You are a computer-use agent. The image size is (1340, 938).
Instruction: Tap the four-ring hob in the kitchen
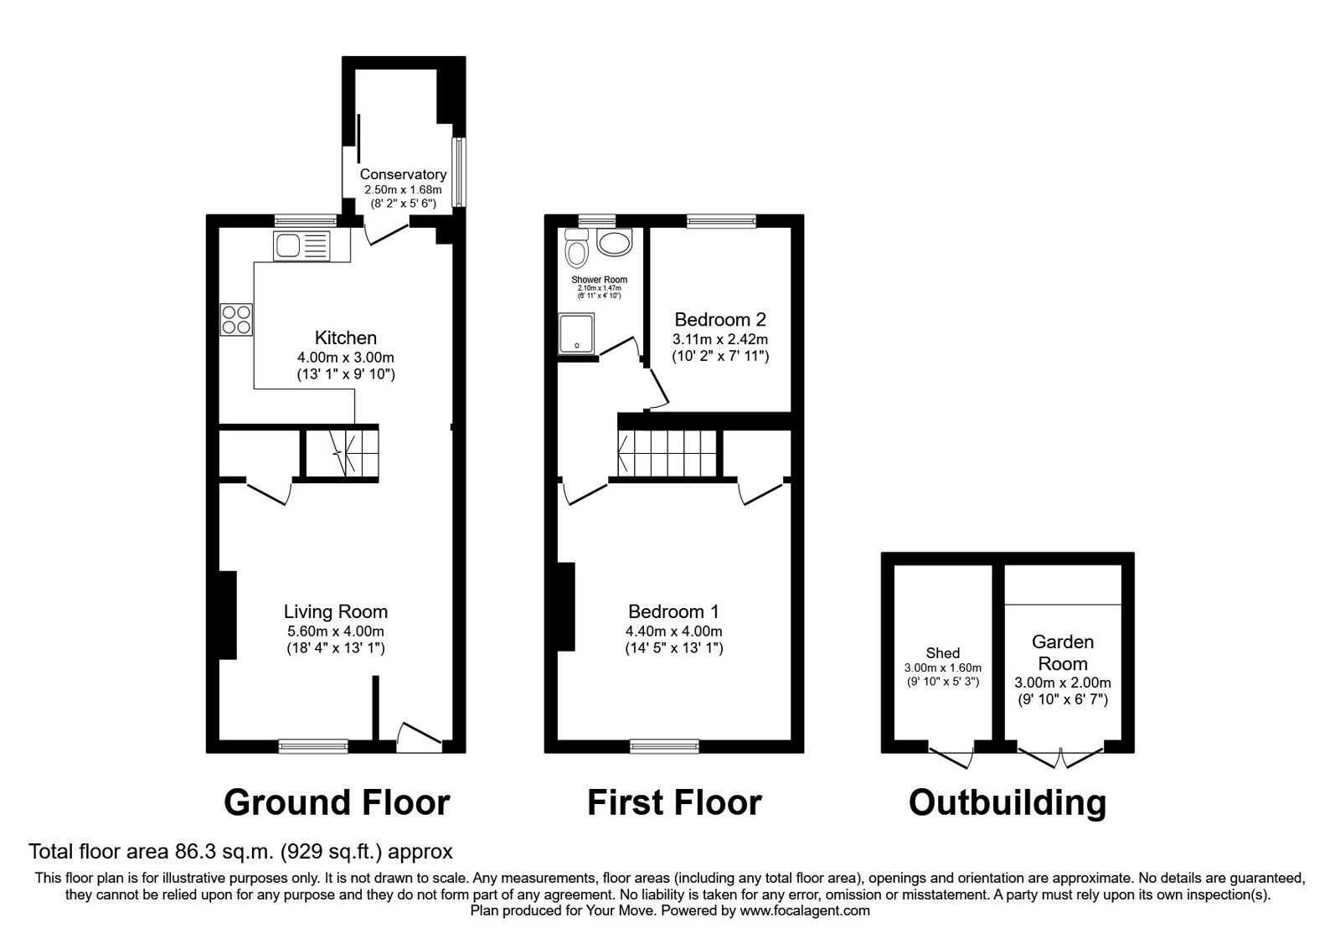pos(236,319)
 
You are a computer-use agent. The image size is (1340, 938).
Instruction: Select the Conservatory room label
pos(403,174)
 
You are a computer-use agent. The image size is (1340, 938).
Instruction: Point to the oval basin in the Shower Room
pos(615,245)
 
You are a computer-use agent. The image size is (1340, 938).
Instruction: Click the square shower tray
pos(576,333)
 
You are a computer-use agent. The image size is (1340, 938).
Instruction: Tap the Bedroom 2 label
pos(720,319)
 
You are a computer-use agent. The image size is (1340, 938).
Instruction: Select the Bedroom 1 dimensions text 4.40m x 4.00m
pos(674,631)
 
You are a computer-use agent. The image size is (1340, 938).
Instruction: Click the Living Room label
pos(335,611)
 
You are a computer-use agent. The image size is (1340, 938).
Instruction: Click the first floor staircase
pos(668,452)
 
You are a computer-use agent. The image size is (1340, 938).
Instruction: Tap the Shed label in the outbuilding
pos(943,653)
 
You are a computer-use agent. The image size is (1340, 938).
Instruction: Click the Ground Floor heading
pos(337,802)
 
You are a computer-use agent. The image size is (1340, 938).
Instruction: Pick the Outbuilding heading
pos(1007,802)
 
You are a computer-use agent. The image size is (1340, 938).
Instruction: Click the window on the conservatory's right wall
pos(458,172)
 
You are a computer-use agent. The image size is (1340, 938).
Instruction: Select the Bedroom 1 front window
pos(664,745)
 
